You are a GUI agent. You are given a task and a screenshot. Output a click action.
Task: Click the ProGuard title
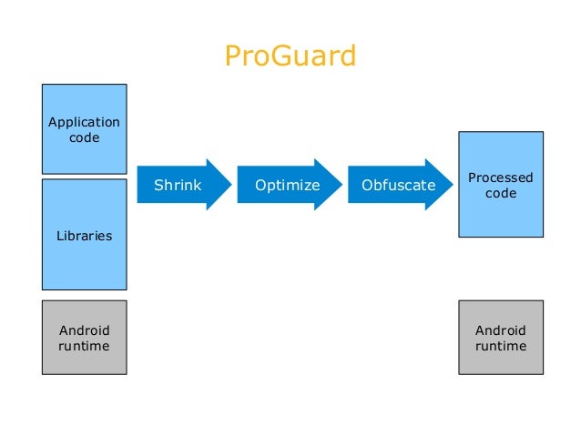(x=290, y=56)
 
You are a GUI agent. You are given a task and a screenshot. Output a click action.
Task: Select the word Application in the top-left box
(x=84, y=122)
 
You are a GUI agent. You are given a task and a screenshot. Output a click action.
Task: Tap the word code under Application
(x=84, y=137)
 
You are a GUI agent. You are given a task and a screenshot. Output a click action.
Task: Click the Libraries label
(x=84, y=236)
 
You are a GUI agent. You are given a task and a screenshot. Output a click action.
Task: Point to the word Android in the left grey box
(x=84, y=330)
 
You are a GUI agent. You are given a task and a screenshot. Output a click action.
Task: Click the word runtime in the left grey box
(x=84, y=346)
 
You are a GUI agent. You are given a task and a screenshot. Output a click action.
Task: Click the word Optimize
(x=287, y=186)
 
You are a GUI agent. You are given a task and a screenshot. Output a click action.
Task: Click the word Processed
(x=500, y=177)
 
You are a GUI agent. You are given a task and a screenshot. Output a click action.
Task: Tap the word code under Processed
(x=500, y=193)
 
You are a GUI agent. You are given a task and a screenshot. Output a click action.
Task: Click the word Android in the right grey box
(x=500, y=330)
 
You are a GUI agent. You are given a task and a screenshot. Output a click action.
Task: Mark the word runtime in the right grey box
(x=500, y=346)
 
